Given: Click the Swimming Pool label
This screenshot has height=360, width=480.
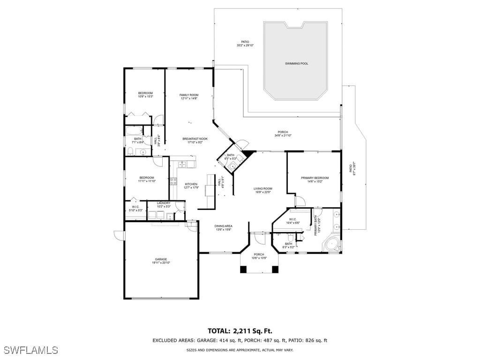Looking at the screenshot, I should [x=297, y=63].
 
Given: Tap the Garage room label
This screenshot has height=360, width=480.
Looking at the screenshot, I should [x=161, y=259].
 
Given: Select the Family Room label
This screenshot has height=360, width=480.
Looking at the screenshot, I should [x=189, y=95].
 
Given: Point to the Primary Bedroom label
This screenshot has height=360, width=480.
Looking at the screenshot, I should [x=315, y=178].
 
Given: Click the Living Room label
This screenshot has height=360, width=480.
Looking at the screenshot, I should [x=263, y=188].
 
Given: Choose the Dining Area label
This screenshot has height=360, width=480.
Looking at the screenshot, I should [x=224, y=226].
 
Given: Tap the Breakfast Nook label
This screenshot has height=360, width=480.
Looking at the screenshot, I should [x=195, y=139].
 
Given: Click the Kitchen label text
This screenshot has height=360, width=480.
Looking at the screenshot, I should [x=191, y=184].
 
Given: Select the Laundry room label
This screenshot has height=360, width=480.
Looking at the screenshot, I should [x=164, y=203].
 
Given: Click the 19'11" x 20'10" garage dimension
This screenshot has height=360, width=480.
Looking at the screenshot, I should [x=161, y=263].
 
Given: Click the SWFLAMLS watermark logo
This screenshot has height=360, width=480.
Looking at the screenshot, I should [x=31, y=350].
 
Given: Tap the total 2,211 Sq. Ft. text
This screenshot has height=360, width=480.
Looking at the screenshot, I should [x=240, y=331].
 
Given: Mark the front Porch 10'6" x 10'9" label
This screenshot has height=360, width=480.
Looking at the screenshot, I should [x=259, y=256].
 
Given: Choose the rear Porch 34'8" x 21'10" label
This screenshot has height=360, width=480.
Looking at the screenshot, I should [x=283, y=134].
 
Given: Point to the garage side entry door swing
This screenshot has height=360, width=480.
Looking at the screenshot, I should [x=118, y=235].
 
